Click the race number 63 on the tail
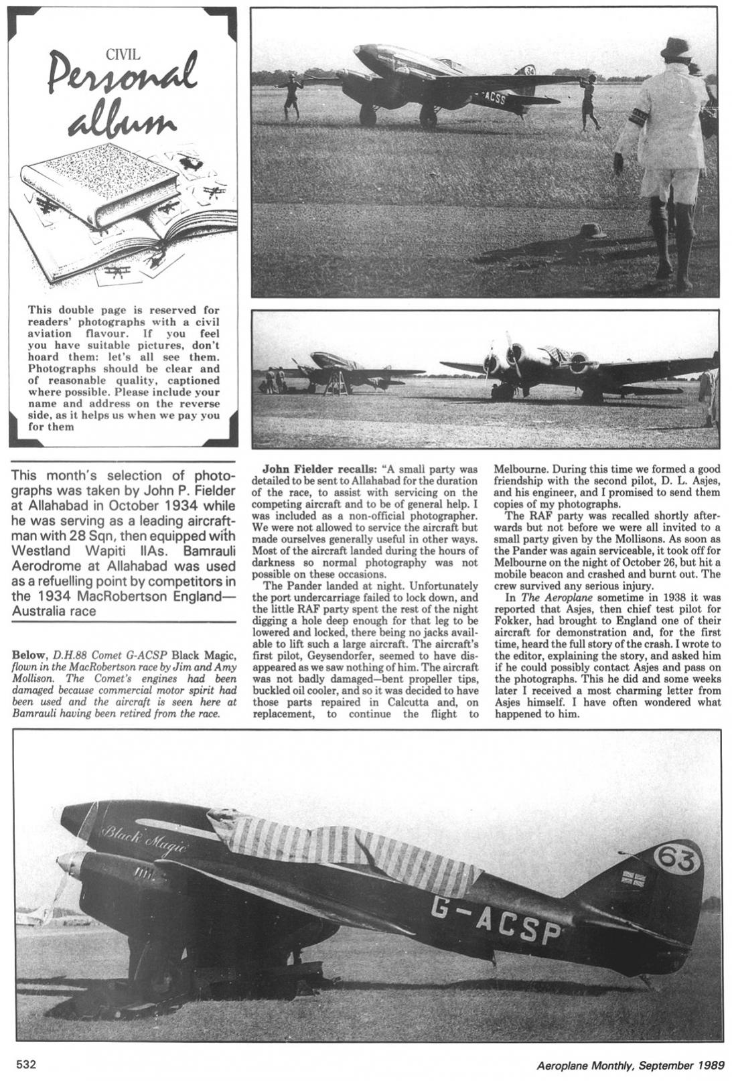(674, 859)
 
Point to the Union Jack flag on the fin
(632, 878)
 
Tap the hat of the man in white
(676, 48)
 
